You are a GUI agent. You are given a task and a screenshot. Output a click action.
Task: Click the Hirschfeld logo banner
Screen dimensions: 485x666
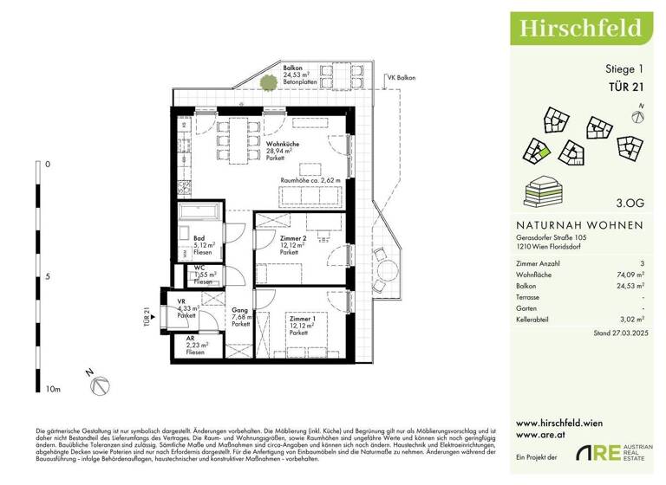pyautogui.click(x=580, y=28)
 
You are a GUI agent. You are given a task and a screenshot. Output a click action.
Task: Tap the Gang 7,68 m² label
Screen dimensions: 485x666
pyautogui.click(x=241, y=317)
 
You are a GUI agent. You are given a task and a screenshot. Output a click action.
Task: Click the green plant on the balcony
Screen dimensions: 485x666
pyautogui.click(x=266, y=83)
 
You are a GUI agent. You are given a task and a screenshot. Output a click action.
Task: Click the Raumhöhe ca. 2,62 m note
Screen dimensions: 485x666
pyautogui.click(x=310, y=180)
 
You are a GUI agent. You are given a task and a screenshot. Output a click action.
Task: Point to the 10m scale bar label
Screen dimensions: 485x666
pyautogui.click(x=53, y=390)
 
